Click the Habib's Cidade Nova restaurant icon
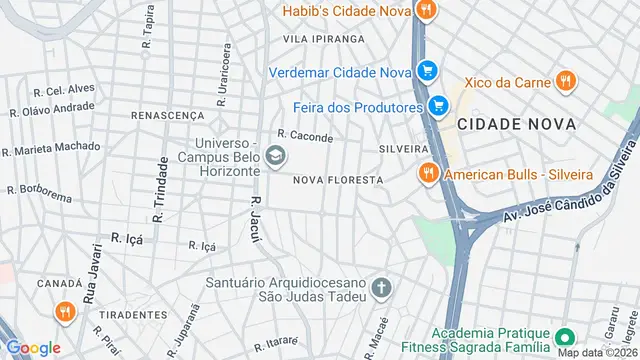[x=426, y=11]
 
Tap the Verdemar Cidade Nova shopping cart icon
[x=427, y=71]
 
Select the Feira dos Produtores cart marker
[x=437, y=106]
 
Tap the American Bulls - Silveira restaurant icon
[x=427, y=174]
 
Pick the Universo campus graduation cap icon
[x=275, y=156]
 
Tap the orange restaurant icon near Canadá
[x=65, y=312]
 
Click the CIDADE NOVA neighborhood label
[x=517, y=124]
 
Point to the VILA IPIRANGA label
[x=323, y=39]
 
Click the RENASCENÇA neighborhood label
[x=167, y=116]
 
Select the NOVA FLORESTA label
[x=338, y=180]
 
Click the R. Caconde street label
[x=305, y=135]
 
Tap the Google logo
[x=33, y=348]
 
